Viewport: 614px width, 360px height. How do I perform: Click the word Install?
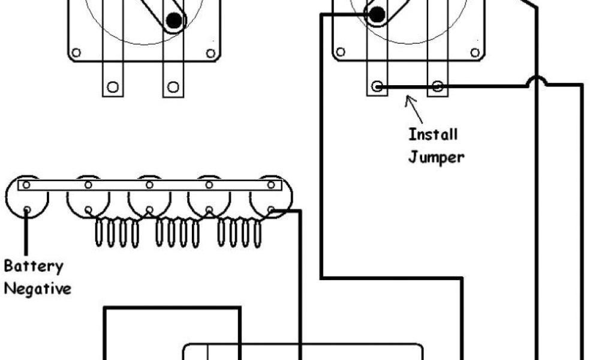click(432, 134)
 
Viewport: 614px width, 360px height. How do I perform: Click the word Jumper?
click(436, 157)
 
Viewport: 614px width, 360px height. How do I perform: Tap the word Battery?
click(33, 266)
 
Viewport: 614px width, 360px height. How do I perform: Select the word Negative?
click(37, 289)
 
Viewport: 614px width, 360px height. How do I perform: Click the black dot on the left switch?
click(174, 21)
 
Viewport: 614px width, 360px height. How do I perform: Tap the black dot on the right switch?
click(377, 15)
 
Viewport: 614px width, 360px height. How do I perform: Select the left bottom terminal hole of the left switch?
click(113, 87)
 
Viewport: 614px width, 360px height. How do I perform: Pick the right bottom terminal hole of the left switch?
click(173, 87)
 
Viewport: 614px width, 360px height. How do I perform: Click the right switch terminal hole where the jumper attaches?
click(377, 86)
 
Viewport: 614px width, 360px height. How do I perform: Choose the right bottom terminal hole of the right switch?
click(437, 86)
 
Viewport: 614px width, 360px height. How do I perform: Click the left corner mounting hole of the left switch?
click(76, 53)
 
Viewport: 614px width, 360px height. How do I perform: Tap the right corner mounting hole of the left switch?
click(210, 53)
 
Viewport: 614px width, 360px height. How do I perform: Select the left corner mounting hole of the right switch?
click(340, 52)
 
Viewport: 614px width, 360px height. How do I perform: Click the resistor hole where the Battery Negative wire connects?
click(27, 209)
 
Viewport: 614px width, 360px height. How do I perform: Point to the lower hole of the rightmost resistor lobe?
click(270, 209)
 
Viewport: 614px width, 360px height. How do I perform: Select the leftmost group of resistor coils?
click(117, 233)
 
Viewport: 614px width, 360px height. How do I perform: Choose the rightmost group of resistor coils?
click(239, 233)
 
